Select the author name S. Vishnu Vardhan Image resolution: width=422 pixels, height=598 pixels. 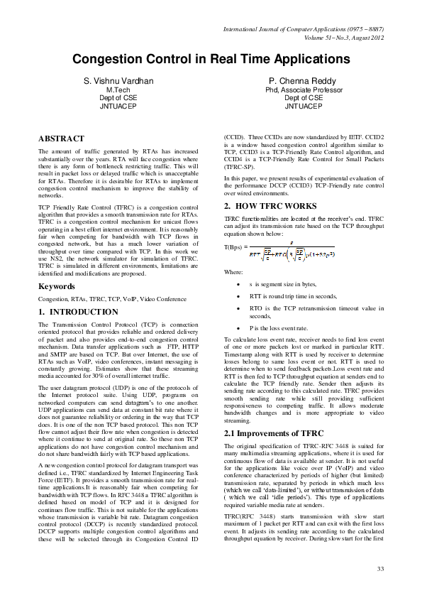(x=118, y=82)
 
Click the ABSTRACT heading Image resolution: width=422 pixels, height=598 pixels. (x=61, y=138)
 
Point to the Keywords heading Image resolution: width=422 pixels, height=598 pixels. (x=58, y=287)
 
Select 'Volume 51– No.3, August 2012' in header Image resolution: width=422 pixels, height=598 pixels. (x=343, y=37)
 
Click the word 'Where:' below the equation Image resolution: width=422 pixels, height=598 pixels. (x=233, y=272)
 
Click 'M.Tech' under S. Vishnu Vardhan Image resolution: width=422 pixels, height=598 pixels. (x=118, y=91)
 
